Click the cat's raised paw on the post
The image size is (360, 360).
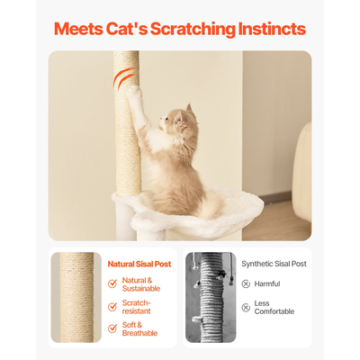[x=133, y=91]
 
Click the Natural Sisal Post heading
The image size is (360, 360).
[x=139, y=265]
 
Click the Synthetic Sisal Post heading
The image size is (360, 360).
[x=274, y=264]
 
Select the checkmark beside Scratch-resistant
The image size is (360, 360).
[x=112, y=307]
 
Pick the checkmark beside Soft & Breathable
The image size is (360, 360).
[x=112, y=328]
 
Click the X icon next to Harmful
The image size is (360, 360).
[x=246, y=283]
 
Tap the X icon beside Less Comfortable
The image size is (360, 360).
[x=246, y=307]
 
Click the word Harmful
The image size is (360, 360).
[x=267, y=283]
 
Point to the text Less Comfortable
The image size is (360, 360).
[x=274, y=308]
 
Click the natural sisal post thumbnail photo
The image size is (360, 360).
[x=76, y=297]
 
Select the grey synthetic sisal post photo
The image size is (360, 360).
[x=211, y=297]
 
